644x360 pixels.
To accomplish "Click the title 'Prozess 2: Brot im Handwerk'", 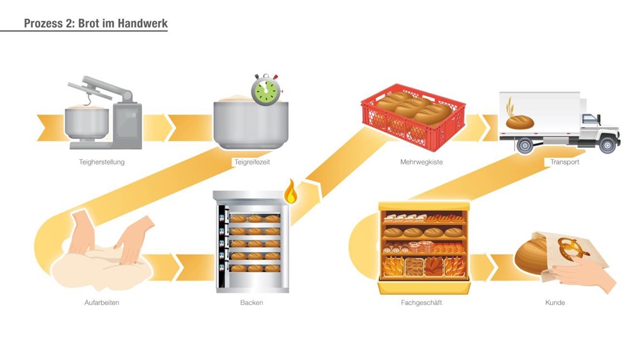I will pyautogui.click(x=96, y=23).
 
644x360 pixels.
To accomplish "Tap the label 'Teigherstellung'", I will pyautogui.click(x=102, y=162).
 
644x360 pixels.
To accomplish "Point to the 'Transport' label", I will pyautogui.click(x=564, y=162).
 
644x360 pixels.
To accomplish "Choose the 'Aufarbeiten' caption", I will pyautogui.click(x=102, y=303).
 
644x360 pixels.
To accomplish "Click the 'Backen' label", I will pyautogui.click(x=252, y=303).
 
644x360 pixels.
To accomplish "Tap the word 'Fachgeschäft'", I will pyautogui.click(x=421, y=303).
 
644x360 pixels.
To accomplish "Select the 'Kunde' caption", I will pyautogui.click(x=555, y=303).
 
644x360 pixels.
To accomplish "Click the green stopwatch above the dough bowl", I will pyautogui.click(x=265, y=91).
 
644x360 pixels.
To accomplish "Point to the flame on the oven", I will pyautogui.click(x=291, y=192).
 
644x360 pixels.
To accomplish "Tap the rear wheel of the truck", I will pyautogui.click(x=525, y=145).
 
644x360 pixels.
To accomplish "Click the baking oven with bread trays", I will pyautogui.click(x=251, y=242).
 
